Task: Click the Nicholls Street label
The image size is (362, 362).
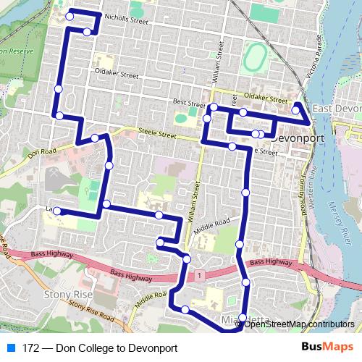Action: pyautogui.click(x=126, y=22)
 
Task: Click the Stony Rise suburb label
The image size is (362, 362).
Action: pyautogui.click(x=67, y=295)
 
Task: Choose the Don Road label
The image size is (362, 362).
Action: pyautogui.click(x=41, y=153)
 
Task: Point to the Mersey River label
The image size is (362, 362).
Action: pyautogui.click(x=345, y=217)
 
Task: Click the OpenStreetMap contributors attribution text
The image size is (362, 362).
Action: pyautogui.click(x=299, y=324)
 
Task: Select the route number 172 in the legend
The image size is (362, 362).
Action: pyautogui.click(x=30, y=348)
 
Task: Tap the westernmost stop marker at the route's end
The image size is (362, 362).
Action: pyautogui.click(x=56, y=211)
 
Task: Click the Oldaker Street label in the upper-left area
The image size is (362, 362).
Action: pyautogui.click(x=116, y=74)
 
